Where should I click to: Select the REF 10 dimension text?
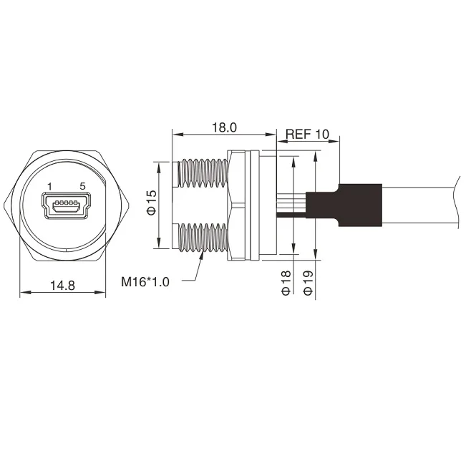[307, 134]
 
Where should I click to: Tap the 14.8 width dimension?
[63, 285]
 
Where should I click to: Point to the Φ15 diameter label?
[152, 203]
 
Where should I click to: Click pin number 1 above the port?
[49, 186]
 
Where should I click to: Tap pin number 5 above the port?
[83, 186]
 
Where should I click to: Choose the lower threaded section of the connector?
[203, 241]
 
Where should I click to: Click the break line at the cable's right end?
[456, 205]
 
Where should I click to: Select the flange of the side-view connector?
[242, 204]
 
